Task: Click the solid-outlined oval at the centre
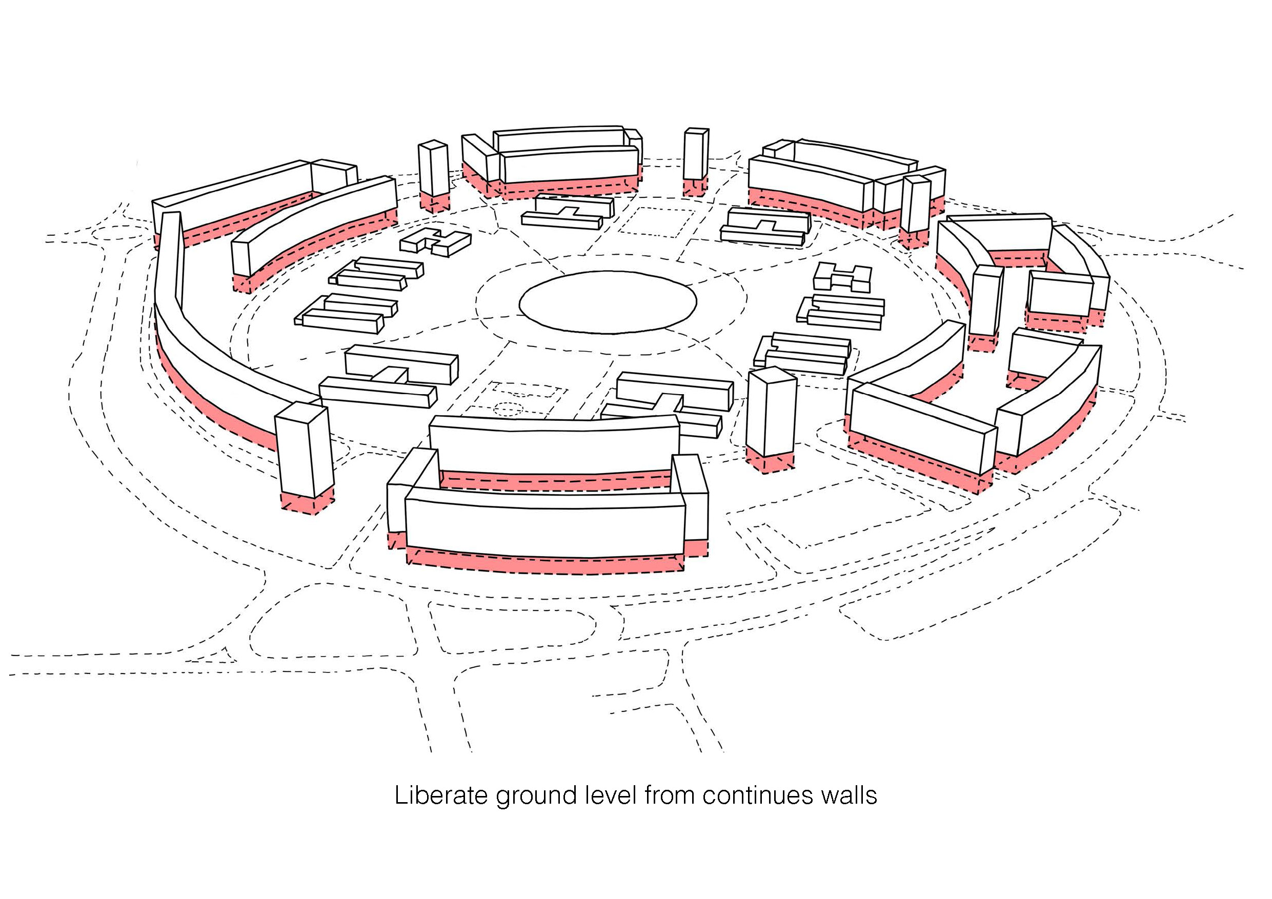point(608,302)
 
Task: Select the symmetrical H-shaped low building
point(842,276)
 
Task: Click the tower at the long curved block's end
point(304,448)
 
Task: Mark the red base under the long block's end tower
point(308,503)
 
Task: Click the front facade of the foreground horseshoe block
point(546,526)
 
